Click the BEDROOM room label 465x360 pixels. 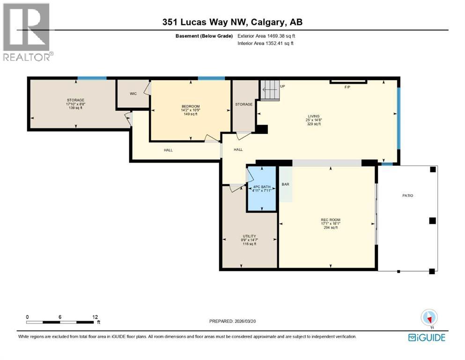[191, 106]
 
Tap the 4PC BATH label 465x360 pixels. [262, 186]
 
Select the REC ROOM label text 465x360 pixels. [330, 220]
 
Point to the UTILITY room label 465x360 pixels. [249, 236]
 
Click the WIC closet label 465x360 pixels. [133, 93]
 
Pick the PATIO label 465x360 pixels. [407, 195]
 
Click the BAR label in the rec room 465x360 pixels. [285, 184]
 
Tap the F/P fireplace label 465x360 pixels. [347, 88]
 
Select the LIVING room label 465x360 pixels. [313, 116]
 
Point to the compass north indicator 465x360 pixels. [429, 318]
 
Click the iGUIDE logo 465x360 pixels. [427, 337]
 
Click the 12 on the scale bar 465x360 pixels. [95, 317]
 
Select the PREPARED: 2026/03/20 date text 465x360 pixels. [233, 321]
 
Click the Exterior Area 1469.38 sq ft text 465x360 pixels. [266, 36]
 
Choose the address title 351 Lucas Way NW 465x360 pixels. [208, 22]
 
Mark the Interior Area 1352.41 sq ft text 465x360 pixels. [266, 44]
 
